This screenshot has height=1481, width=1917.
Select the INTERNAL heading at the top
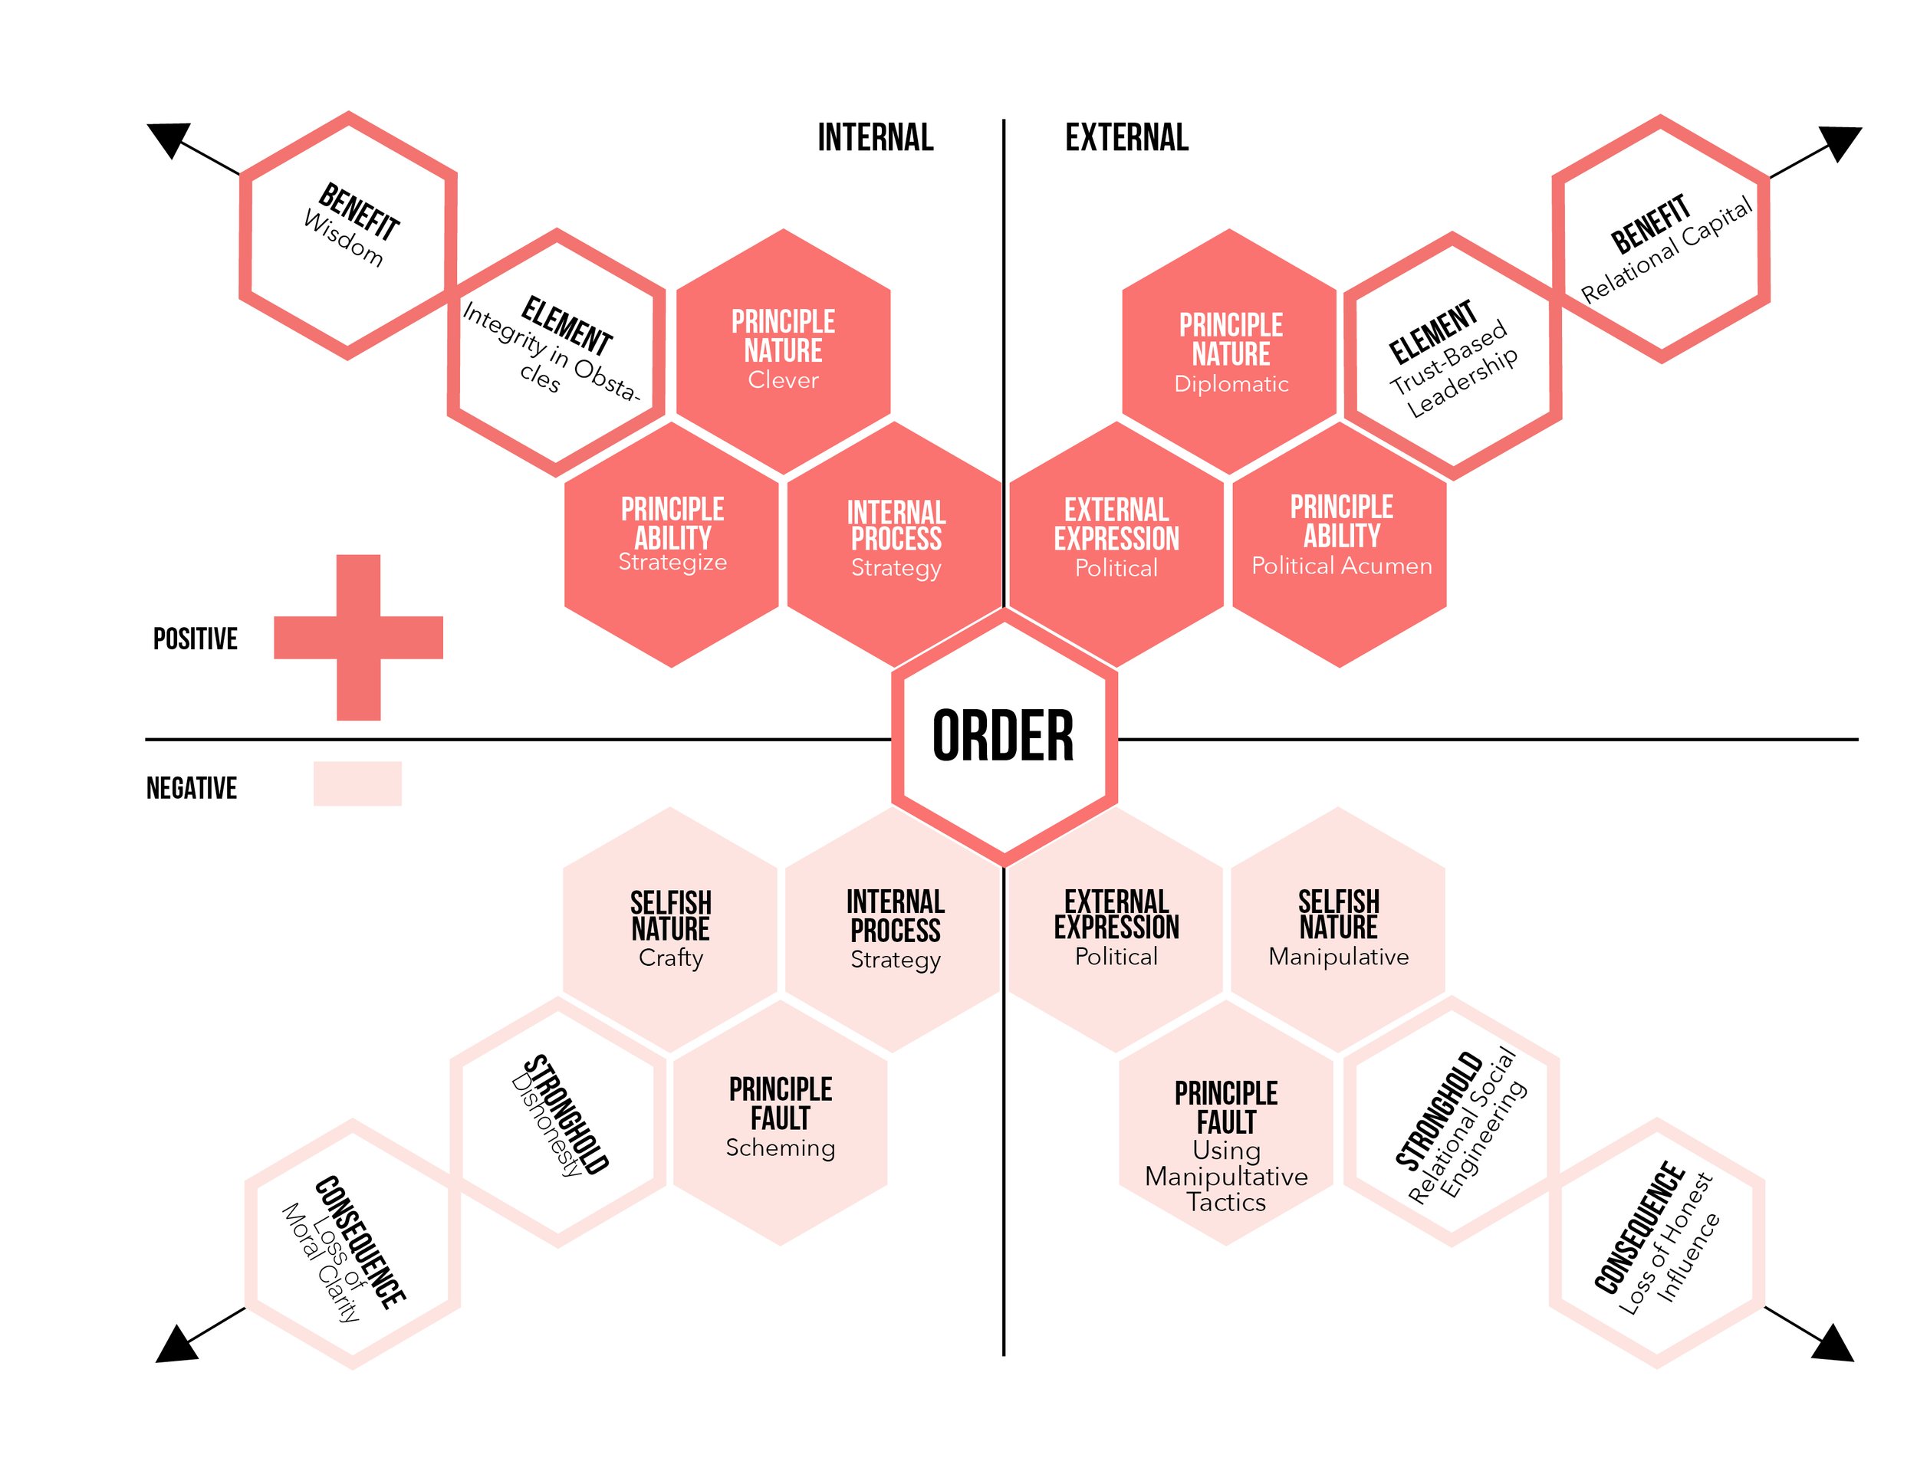(875, 138)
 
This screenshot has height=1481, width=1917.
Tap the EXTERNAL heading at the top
(1126, 138)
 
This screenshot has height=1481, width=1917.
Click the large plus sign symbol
(358, 637)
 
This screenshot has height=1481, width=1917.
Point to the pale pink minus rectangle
(357, 783)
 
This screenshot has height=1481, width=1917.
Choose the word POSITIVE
(195, 639)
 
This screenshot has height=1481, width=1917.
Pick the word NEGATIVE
(192, 788)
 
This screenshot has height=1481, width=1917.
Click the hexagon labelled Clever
(783, 351)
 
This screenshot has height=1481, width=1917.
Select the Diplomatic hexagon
(1230, 353)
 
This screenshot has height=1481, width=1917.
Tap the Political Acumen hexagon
(1340, 544)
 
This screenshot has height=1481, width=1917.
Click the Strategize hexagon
(672, 544)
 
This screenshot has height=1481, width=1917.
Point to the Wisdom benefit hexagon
(348, 235)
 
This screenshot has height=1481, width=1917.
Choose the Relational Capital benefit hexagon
(1662, 238)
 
